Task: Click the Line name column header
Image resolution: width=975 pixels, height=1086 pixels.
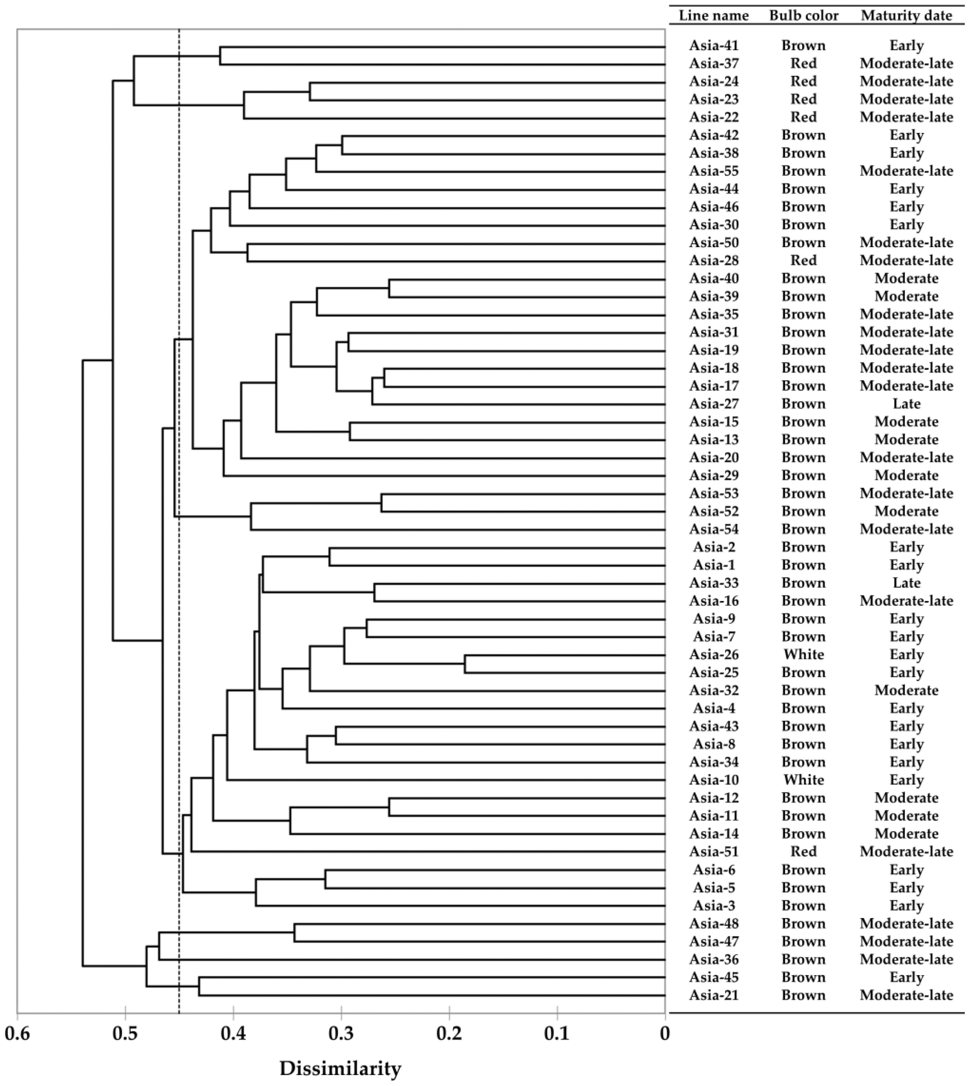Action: click(x=714, y=16)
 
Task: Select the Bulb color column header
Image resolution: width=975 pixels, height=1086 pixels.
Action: click(x=804, y=16)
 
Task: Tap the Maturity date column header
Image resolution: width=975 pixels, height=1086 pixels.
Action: click(x=907, y=16)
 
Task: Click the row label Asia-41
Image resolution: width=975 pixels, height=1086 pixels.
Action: click(x=714, y=46)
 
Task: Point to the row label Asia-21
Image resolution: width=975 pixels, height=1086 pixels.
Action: click(x=714, y=995)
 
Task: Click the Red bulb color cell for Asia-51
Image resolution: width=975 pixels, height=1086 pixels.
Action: click(x=804, y=851)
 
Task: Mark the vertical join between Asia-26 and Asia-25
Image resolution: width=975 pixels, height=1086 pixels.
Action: click(x=465, y=663)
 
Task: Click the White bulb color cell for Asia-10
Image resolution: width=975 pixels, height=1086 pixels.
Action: click(x=804, y=780)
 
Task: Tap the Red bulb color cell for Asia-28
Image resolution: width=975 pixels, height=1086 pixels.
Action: click(x=804, y=260)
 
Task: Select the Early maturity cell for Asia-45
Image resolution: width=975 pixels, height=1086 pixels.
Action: click(x=907, y=977)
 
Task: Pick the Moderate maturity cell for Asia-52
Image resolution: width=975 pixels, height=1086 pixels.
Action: click(x=907, y=511)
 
